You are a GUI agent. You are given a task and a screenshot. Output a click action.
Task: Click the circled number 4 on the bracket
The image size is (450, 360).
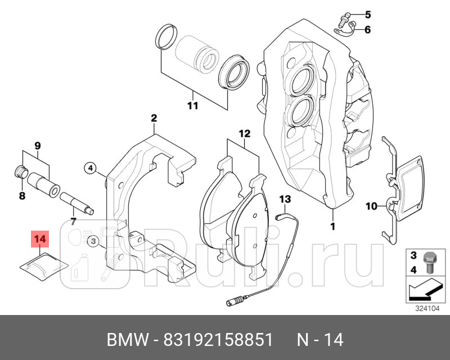point(91,167)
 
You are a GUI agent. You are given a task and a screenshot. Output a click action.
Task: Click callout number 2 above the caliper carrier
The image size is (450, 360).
point(153,118)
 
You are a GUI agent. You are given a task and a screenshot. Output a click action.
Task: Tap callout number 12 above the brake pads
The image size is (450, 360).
point(244,134)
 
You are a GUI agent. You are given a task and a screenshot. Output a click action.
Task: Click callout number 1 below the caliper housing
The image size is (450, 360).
point(332,226)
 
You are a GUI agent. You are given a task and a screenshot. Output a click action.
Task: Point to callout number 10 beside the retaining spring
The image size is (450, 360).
point(371,206)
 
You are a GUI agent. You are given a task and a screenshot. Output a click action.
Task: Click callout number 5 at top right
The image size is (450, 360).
point(368,14)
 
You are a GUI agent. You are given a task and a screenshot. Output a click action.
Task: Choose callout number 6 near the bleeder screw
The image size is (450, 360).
point(368,30)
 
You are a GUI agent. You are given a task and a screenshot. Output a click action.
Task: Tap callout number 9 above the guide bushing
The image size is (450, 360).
point(38,146)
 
